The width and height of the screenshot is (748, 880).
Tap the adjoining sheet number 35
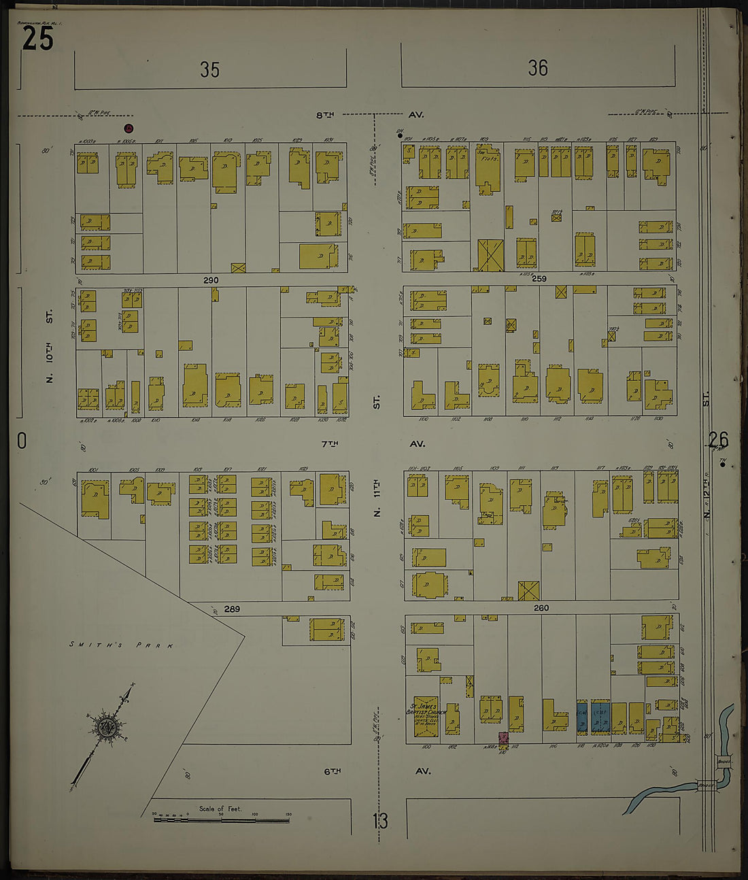209,69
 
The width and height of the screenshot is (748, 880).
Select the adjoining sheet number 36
537,68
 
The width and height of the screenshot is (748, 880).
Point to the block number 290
211,280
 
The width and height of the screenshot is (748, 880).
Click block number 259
539,279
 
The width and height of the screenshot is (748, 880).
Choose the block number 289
232,609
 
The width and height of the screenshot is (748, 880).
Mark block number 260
541,608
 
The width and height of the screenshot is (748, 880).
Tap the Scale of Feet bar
221,819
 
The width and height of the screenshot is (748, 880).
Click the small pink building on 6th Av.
503,738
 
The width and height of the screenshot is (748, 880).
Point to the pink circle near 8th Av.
129,128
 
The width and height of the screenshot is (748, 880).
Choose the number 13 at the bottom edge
380,821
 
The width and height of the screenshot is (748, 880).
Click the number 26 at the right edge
717,439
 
